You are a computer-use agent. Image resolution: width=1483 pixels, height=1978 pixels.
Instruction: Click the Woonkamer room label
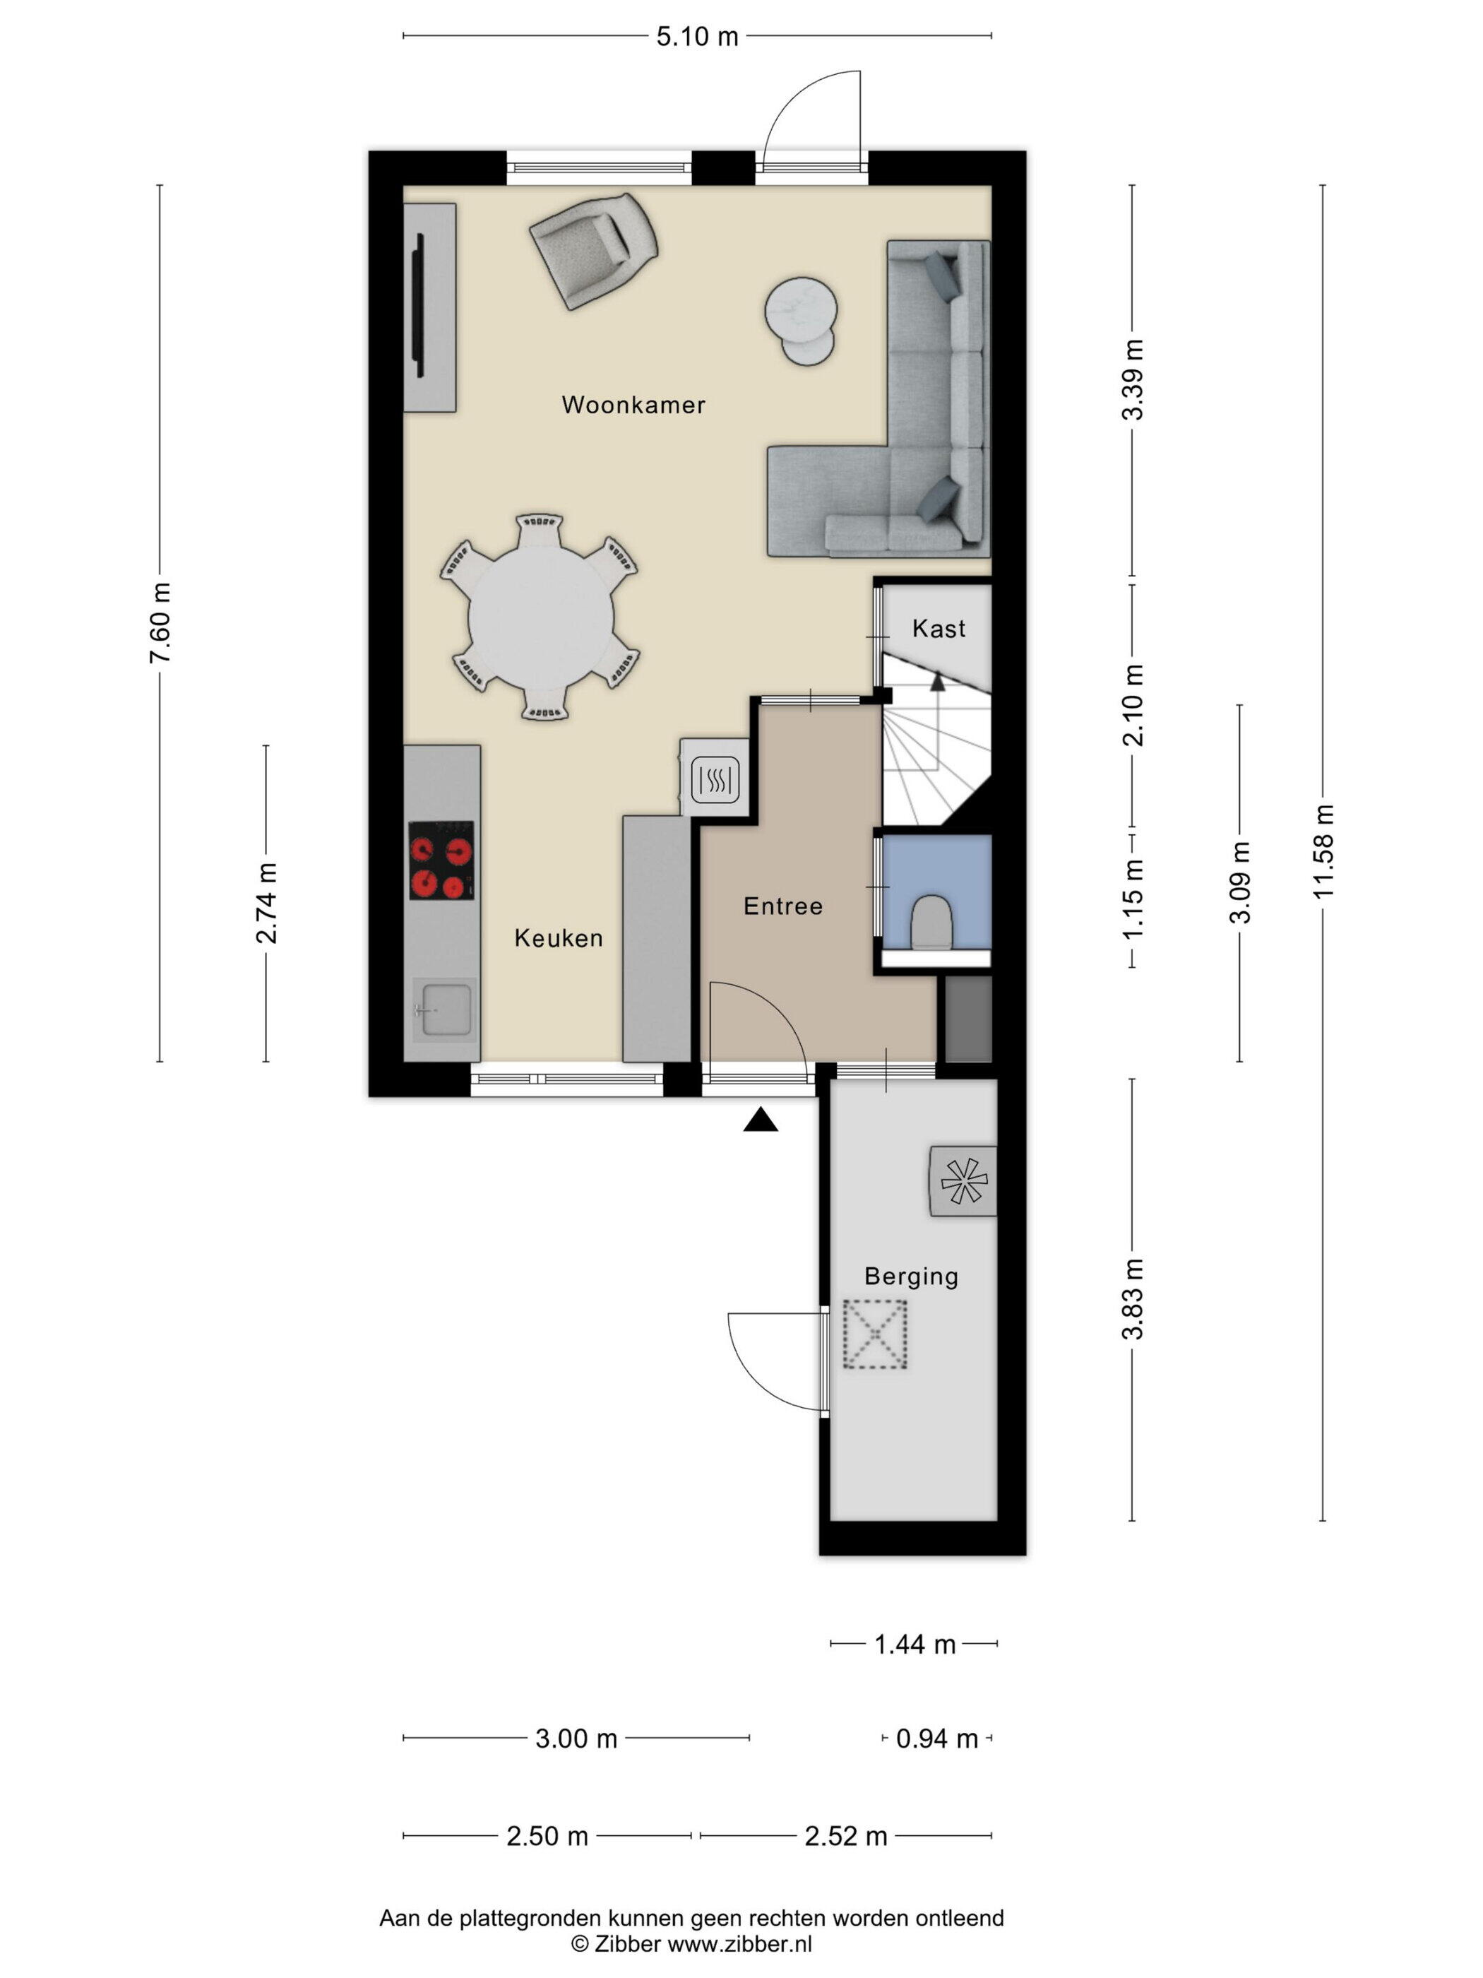pos(633,405)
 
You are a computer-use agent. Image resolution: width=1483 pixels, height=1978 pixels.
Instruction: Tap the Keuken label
pos(559,938)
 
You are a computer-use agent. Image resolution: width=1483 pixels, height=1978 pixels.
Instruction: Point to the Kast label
pos(939,629)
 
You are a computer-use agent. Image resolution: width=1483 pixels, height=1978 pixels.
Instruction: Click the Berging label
pos(911,1277)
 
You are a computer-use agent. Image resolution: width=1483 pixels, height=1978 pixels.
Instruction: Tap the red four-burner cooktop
pos(441,860)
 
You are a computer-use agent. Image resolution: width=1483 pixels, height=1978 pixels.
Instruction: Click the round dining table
pos(542,617)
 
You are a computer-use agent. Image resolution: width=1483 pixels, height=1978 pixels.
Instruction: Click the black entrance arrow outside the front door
pos(761,1120)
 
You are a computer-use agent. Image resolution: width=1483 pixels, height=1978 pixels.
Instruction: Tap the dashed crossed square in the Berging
pos(875,1334)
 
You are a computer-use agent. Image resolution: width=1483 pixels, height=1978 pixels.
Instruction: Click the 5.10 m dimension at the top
pos(697,36)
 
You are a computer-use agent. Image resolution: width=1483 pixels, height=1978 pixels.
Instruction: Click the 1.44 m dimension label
pos(915,1645)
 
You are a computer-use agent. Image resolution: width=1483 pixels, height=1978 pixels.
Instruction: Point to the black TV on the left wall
pos(418,307)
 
